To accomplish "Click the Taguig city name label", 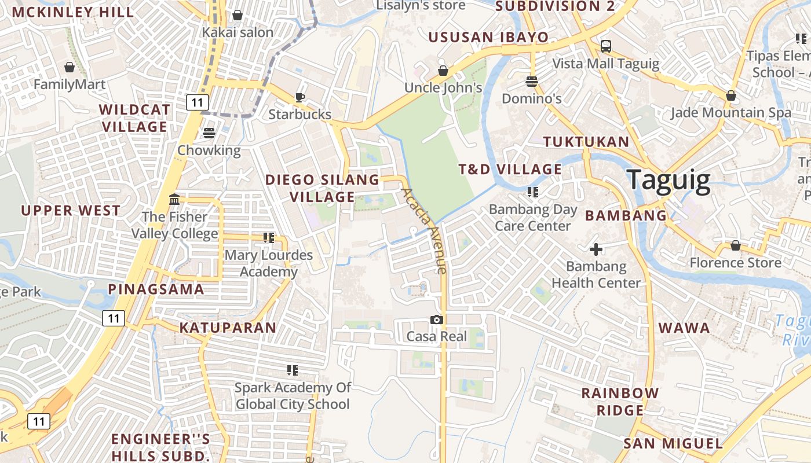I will [668, 181].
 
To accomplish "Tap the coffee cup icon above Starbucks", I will [299, 97].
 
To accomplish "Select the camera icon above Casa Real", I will [437, 319].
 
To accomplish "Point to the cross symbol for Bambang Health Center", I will [596, 249].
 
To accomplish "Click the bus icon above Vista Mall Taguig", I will [605, 46].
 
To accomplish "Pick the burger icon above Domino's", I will [532, 82].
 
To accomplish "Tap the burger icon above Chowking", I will [209, 133].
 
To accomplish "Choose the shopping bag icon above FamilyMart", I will [70, 67].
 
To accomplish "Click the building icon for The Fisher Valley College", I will [174, 200].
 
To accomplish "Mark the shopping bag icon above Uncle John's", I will [443, 71].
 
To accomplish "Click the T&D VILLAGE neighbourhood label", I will [510, 170].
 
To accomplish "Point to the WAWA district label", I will [684, 328].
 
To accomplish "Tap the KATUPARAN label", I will [228, 328].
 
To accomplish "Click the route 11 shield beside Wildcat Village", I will [198, 103].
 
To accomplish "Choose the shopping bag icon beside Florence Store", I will [735, 245].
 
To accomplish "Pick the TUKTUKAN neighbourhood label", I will [586, 142].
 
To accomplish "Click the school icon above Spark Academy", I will [293, 370].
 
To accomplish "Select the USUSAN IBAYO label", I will [488, 38].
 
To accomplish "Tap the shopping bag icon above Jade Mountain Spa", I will [731, 95].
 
